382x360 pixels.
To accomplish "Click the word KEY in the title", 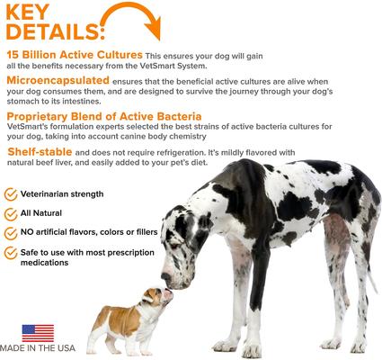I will [36, 15].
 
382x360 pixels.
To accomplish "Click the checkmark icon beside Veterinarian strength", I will [11, 193].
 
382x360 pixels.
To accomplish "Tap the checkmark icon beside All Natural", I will [11, 214].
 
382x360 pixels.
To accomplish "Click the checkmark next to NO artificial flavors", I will [11, 236].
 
